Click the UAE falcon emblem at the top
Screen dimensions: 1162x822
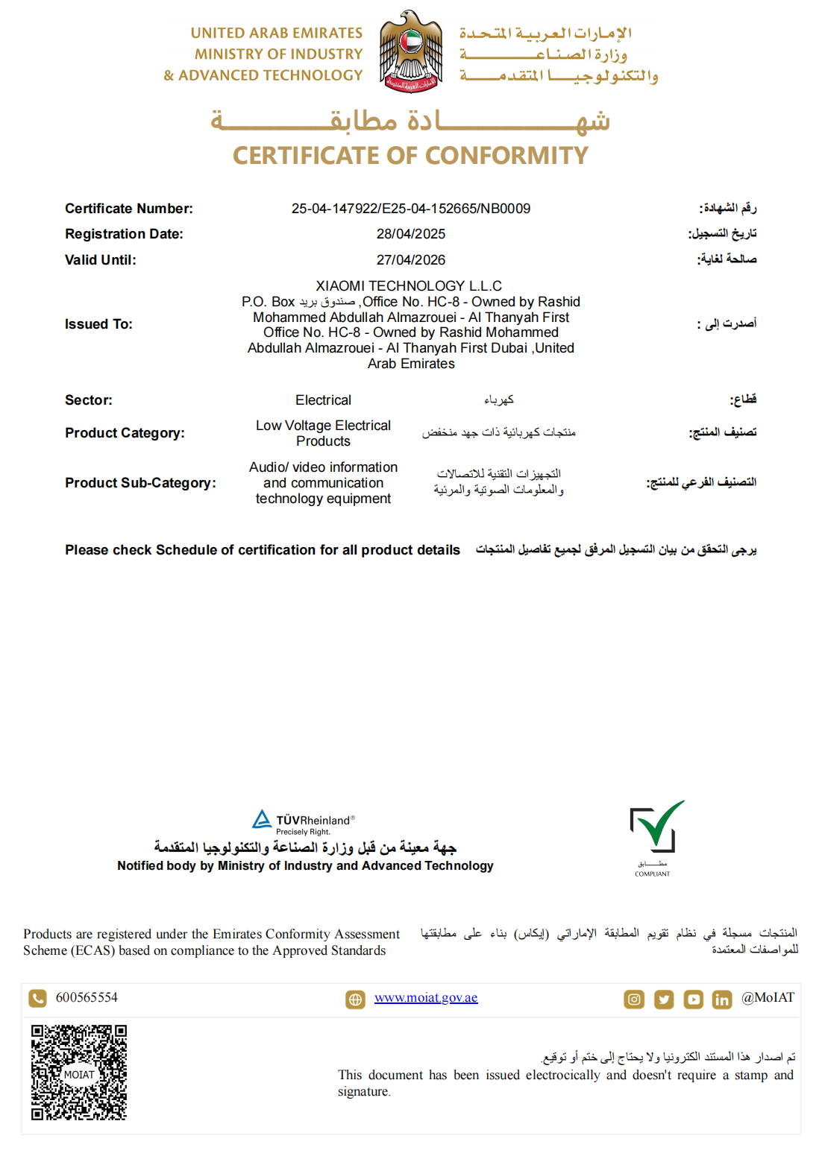click(410, 51)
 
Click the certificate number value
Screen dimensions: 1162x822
click(410, 209)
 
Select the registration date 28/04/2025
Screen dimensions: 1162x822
click(410, 234)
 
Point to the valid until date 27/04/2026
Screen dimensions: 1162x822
click(410, 260)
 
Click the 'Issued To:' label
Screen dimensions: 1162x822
click(98, 324)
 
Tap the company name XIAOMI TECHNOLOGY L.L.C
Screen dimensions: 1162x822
click(409, 286)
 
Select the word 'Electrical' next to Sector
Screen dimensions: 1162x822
click(323, 400)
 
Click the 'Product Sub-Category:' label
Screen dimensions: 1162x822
click(140, 483)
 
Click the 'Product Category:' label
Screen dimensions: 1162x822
click(125, 433)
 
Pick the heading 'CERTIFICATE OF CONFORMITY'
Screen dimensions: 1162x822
click(410, 156)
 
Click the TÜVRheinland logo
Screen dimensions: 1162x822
click(304, 822)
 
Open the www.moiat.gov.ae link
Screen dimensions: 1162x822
click(426, 998)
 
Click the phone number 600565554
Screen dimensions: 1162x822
click(87, 998)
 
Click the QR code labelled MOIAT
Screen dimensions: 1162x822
click(79, 1073)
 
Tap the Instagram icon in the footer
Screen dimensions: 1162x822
click(634, 1000)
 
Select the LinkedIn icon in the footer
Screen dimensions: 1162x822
click(722, 1000)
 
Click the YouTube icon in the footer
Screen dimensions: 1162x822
click(694, 1000)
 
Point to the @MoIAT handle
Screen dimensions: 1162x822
click(768, 998)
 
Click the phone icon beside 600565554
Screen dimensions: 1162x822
click(37, 998)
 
